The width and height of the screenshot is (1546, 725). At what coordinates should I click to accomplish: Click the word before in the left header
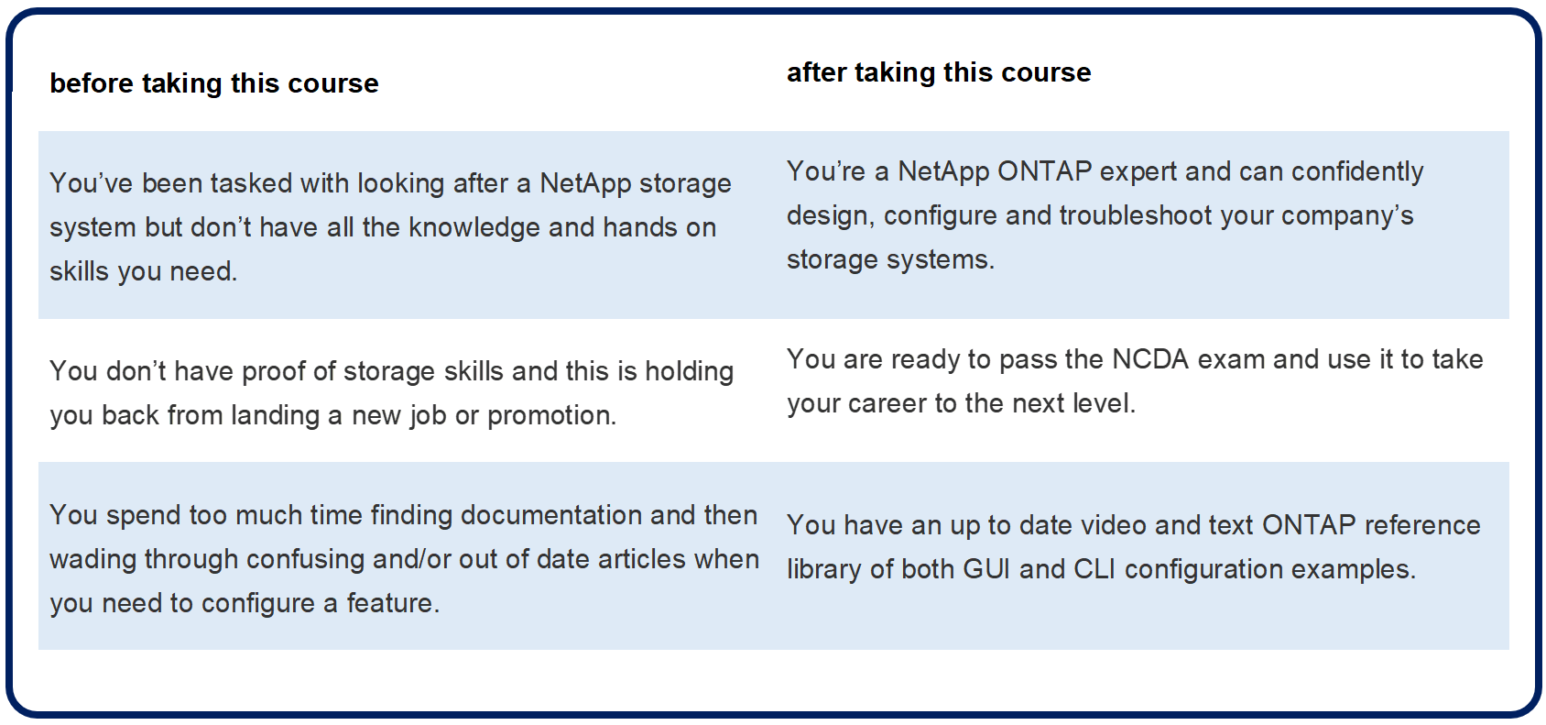[91, 82]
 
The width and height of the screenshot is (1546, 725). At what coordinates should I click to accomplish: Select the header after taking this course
[939, 72]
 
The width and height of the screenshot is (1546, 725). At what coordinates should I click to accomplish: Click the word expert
[1138, 172]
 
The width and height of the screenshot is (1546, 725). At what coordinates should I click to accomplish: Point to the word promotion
[550, 416]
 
